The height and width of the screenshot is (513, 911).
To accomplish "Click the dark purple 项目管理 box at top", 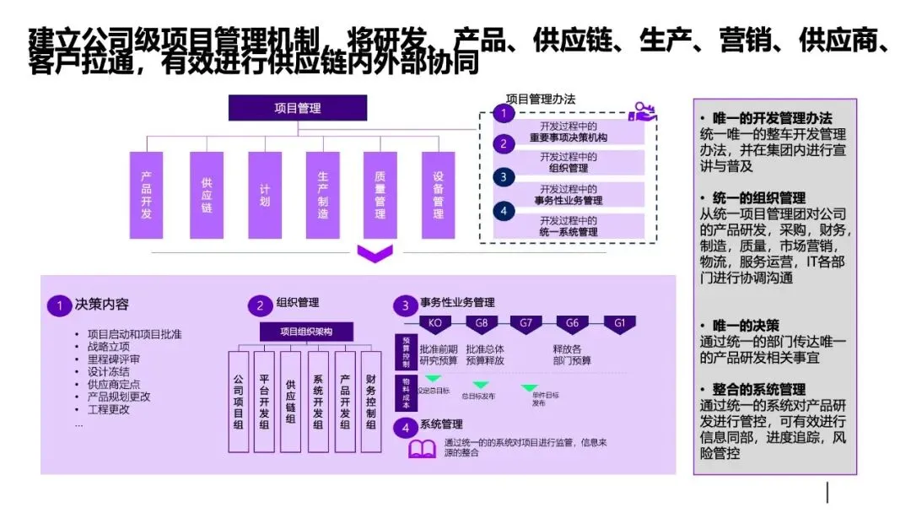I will [x=298, y=108].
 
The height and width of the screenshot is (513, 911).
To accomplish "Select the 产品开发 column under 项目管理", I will [x=146, y=195].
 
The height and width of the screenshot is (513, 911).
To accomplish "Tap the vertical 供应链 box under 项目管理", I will [x=206, y=195].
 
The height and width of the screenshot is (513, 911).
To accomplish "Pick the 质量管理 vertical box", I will [x=380, y=195].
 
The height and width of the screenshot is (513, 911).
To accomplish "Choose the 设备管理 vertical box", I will [x=438, y=195].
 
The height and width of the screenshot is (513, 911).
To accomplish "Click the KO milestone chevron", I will [x=435, y=324].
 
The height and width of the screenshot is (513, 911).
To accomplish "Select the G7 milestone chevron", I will [x=526, y=324].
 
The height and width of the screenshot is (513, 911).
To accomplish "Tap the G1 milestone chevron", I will [x=619, y=324].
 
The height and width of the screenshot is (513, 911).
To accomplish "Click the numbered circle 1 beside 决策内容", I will [x=58, y=305].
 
